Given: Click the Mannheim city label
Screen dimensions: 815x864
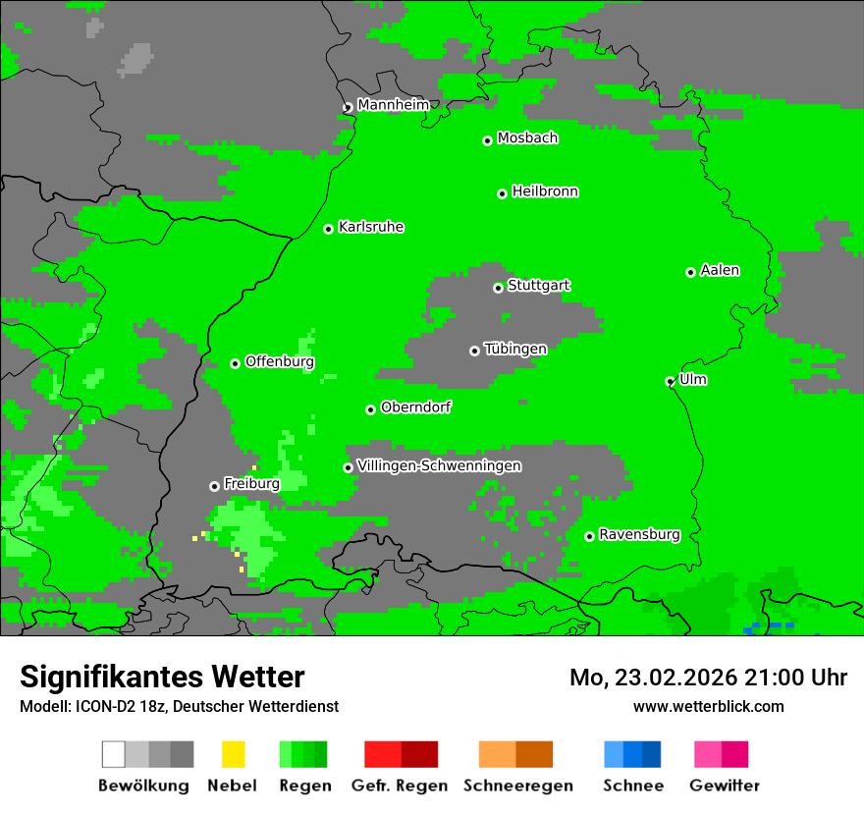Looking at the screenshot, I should (394, 105).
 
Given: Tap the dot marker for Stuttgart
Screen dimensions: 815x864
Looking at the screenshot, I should (498, 288).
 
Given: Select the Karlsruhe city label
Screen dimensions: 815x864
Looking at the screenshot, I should (371, 227).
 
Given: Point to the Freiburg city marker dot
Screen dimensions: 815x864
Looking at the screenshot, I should (214, 486).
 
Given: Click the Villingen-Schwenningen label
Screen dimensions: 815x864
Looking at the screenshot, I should (439, 465).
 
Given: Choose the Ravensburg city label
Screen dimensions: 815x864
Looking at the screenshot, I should (639, 534).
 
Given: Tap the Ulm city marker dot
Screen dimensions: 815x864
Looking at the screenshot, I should (670, 382).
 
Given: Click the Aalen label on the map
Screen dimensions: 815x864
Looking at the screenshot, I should (720, 270).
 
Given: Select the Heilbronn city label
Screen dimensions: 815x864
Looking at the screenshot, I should (545, 191).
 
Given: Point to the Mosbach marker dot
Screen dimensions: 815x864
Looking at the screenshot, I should (487, 140).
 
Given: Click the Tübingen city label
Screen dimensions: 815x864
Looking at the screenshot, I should (515, 349).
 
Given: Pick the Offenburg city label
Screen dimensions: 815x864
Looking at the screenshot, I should (280, 361).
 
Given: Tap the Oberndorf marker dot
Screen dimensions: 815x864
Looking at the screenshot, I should (370, 409).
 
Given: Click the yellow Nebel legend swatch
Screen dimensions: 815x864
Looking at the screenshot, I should (233, 754).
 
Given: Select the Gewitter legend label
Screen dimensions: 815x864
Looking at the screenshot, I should (724, 786).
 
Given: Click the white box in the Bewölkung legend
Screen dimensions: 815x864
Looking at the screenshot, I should (114, 754).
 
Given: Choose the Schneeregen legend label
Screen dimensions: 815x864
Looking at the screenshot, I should (517, 786).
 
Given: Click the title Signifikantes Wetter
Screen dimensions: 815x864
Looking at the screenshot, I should (162, 677).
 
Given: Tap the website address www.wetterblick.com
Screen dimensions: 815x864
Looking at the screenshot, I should (708, 706).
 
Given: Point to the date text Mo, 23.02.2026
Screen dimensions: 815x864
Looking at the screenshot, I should (655, 678).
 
